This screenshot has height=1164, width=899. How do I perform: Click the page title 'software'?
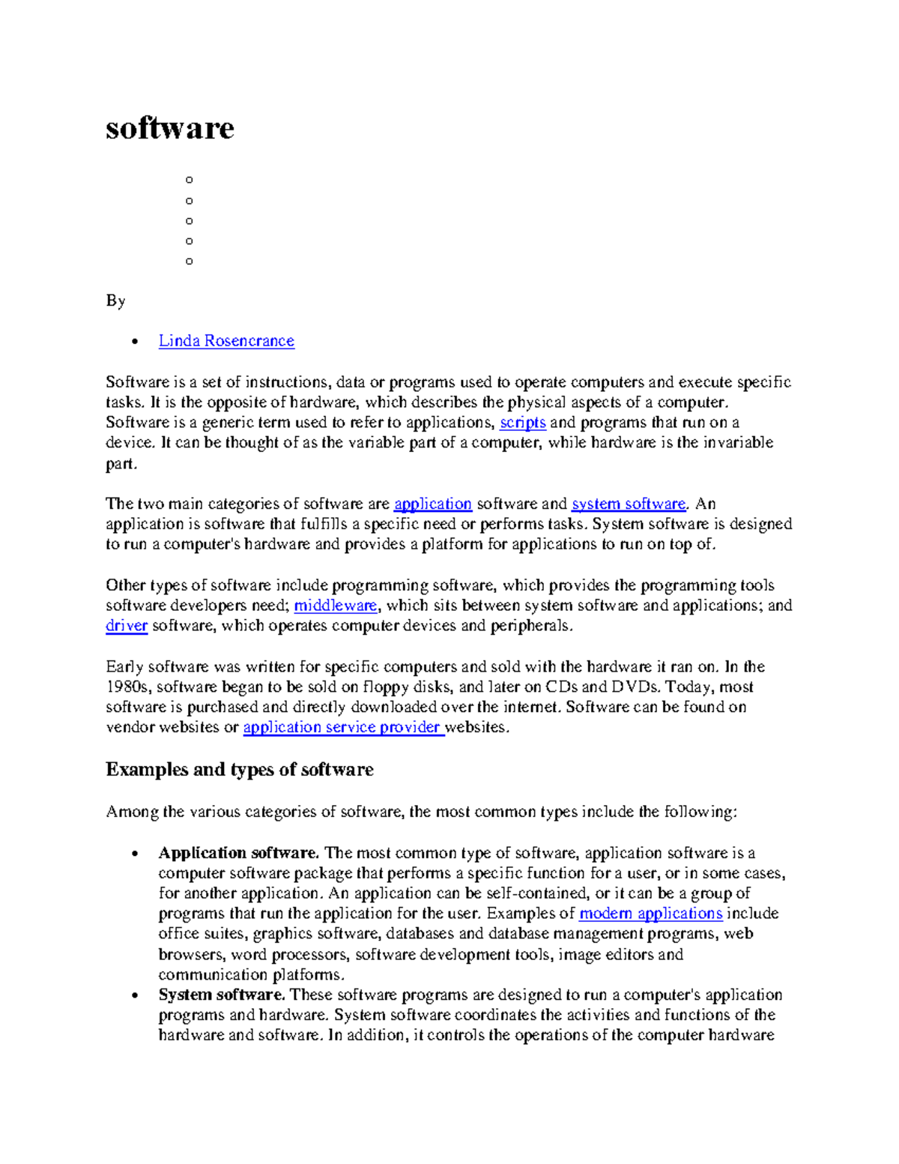coord(169,128)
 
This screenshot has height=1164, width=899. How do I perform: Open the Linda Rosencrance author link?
coord(226,341)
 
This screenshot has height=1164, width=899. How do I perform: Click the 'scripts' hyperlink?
coord(522,423)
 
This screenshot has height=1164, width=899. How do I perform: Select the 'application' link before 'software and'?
coord(432,504)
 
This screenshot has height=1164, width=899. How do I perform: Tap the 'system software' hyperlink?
coord(628,504)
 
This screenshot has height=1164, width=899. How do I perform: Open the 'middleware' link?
coord(336,606)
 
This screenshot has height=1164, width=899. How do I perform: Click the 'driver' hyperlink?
coord(126,626)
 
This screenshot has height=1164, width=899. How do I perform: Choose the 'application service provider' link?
coord(343,727)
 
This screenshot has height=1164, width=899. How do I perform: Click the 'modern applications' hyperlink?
coord(650,914)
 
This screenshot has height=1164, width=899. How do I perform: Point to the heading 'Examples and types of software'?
coord(239,770)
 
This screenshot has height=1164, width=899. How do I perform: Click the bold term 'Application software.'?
coord(238,853)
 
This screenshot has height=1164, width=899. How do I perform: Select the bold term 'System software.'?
coord(222,995)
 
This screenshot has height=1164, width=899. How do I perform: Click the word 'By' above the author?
coord(115,301)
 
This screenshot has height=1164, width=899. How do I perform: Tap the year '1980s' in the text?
coord(128,687)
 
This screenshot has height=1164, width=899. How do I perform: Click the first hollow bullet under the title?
coord(189,180)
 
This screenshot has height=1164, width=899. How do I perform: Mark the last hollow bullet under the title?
coord(189,262)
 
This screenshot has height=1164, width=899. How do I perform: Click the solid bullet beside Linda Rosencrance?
coord(134,342)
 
